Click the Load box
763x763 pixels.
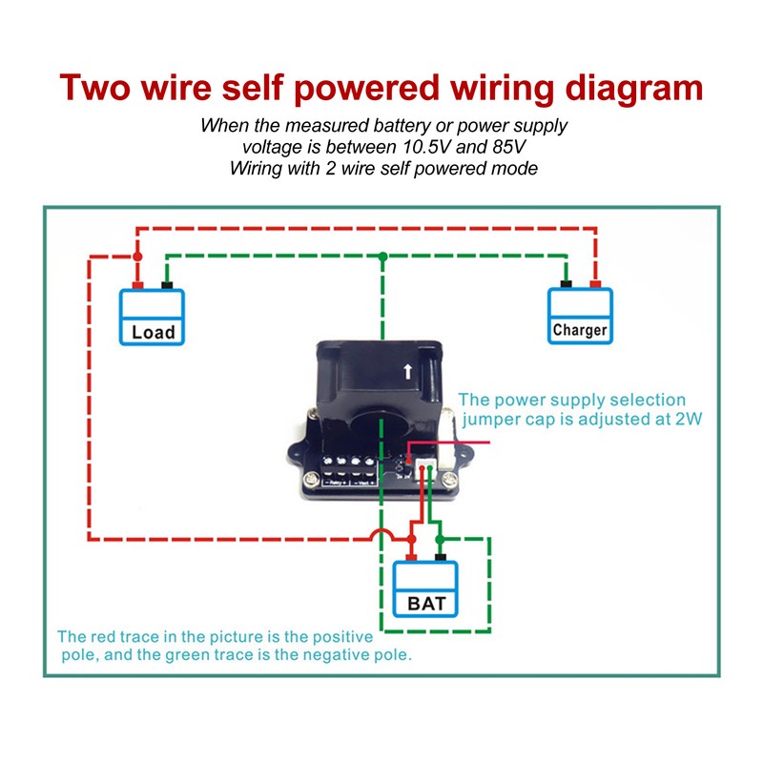(x=152, y=318)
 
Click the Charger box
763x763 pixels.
(x=580, y=317)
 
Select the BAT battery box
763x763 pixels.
(x=425, y=589)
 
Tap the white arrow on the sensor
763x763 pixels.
(x=408, y=372)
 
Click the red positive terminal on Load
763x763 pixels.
(x=137, y=285)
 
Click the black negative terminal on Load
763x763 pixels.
(x=167, y=285)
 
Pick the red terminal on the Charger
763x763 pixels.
(x=595, y=284)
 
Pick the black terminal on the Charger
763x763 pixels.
(x=566, y=284)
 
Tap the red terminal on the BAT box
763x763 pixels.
(x=411, y=557)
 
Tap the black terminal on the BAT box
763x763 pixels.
(x=441, y=557)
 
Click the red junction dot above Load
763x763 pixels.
(x=137, y=257)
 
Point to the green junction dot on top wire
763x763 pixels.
(x=383, y=257)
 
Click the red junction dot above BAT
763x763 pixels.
(x=411, y=539)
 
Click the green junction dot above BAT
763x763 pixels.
(x=440, y=539)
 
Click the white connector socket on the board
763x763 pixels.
(x=424, y=472)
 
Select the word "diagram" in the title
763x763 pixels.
(x=633, y=90)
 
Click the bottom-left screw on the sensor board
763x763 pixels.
(x=312, y=480)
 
